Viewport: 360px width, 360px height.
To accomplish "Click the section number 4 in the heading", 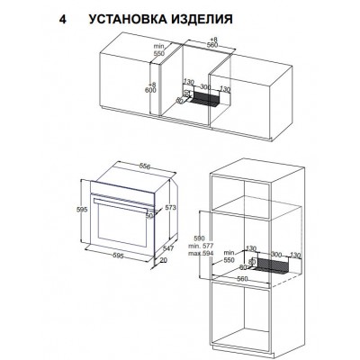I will pos(60,16).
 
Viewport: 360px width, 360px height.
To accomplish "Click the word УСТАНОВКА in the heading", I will pos(128,16).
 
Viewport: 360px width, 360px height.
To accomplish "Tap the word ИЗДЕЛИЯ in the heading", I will pos(204,16).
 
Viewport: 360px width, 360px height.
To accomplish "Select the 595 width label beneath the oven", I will pos(119,267).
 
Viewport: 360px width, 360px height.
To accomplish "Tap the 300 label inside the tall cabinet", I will pos(269,255).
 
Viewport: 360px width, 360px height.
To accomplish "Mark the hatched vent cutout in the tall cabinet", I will pos(271,268).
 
